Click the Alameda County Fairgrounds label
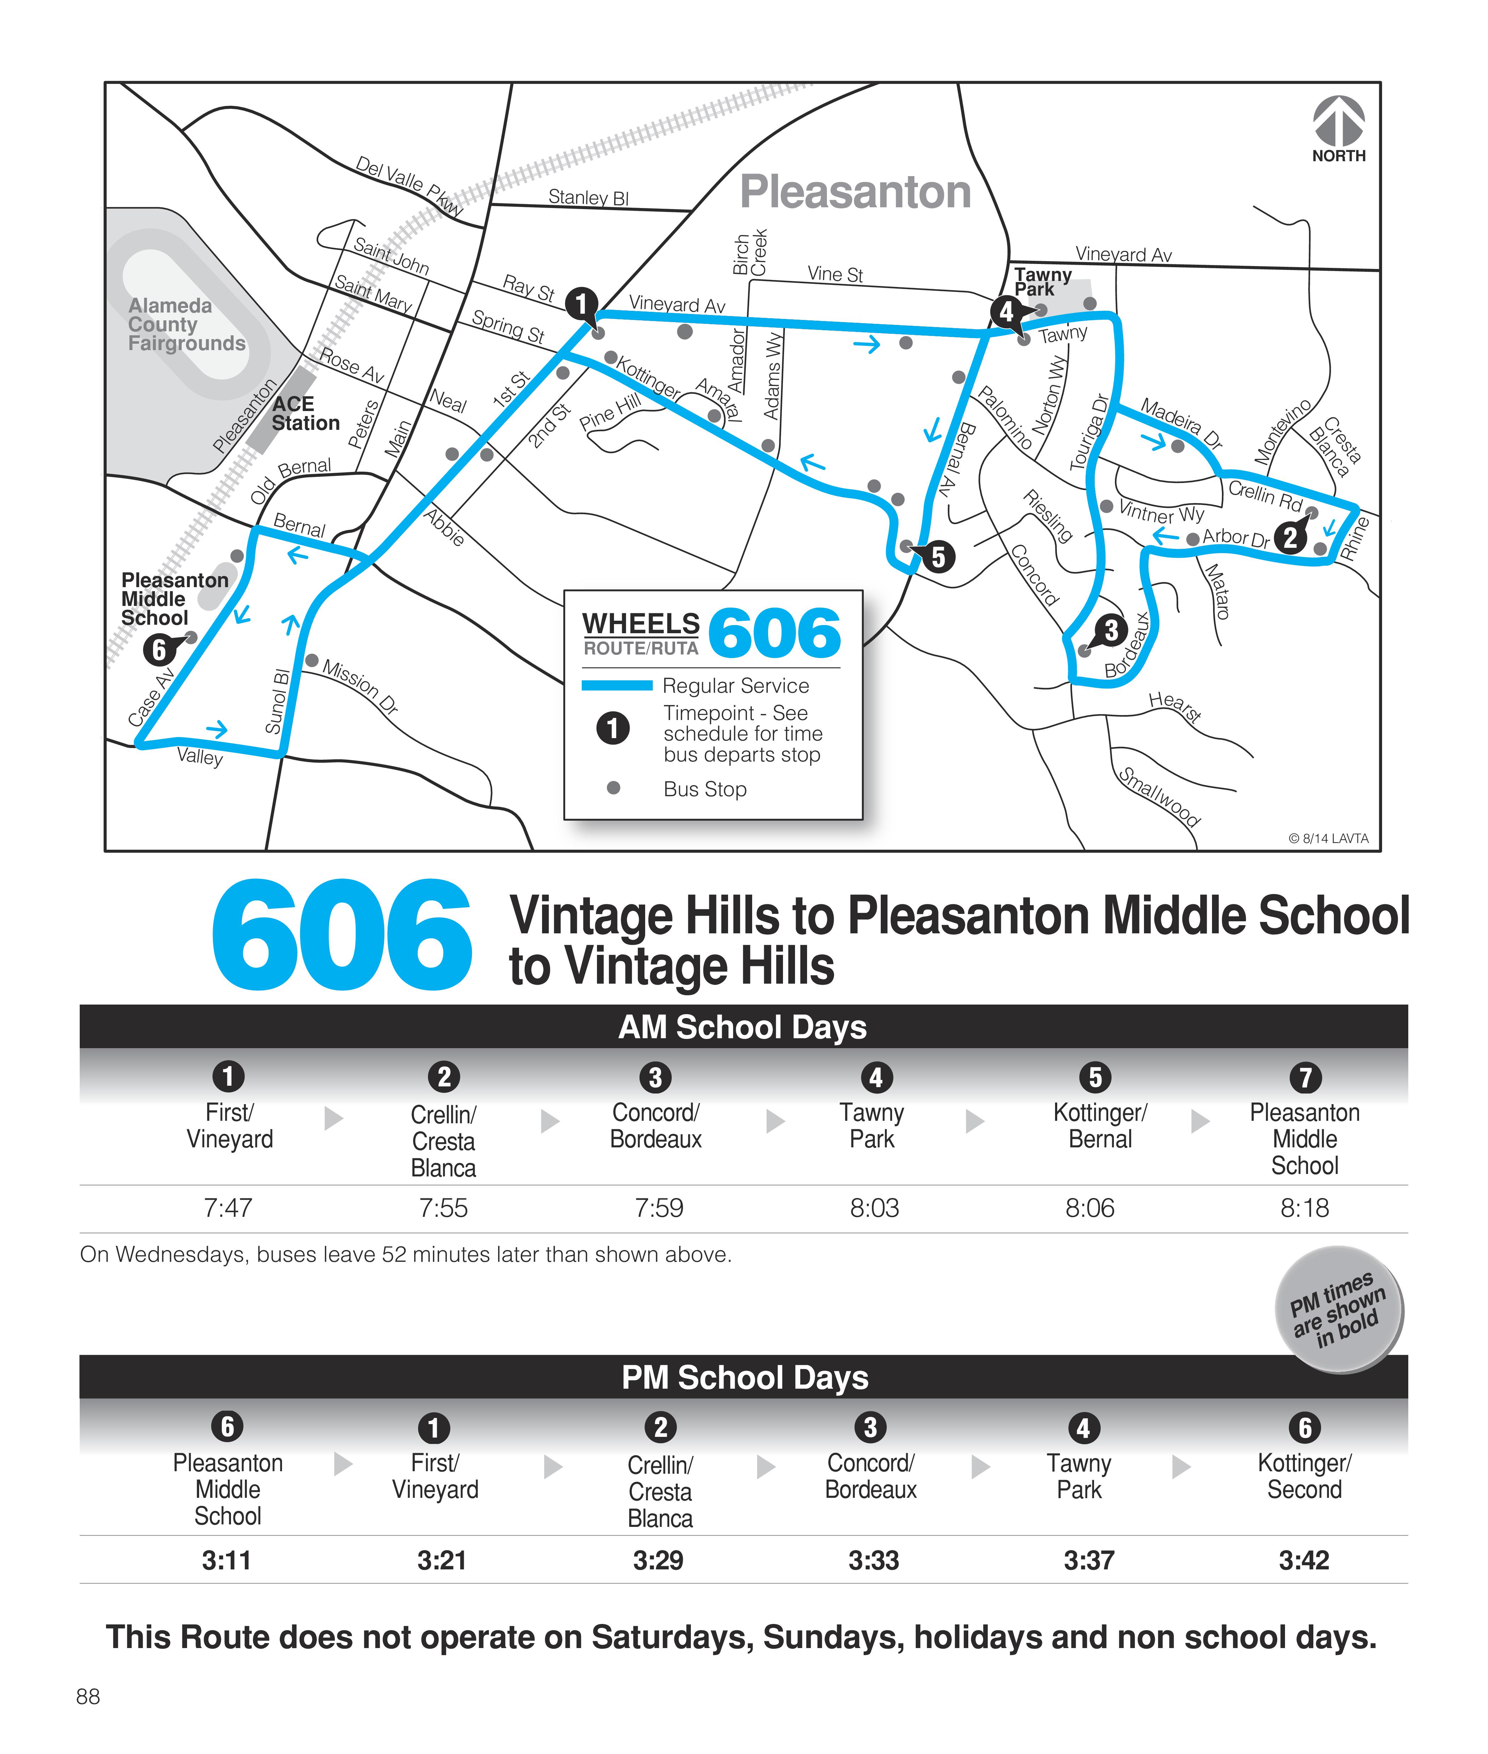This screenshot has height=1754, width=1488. (186, 324)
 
